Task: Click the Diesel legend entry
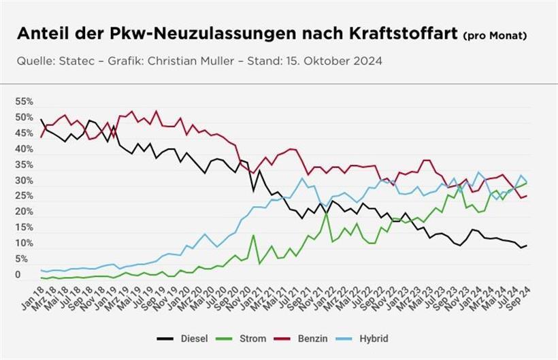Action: [193, 338]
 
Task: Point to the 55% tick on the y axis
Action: [24, 101]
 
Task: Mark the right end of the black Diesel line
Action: [527, 245]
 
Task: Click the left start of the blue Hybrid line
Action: [42, 270]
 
